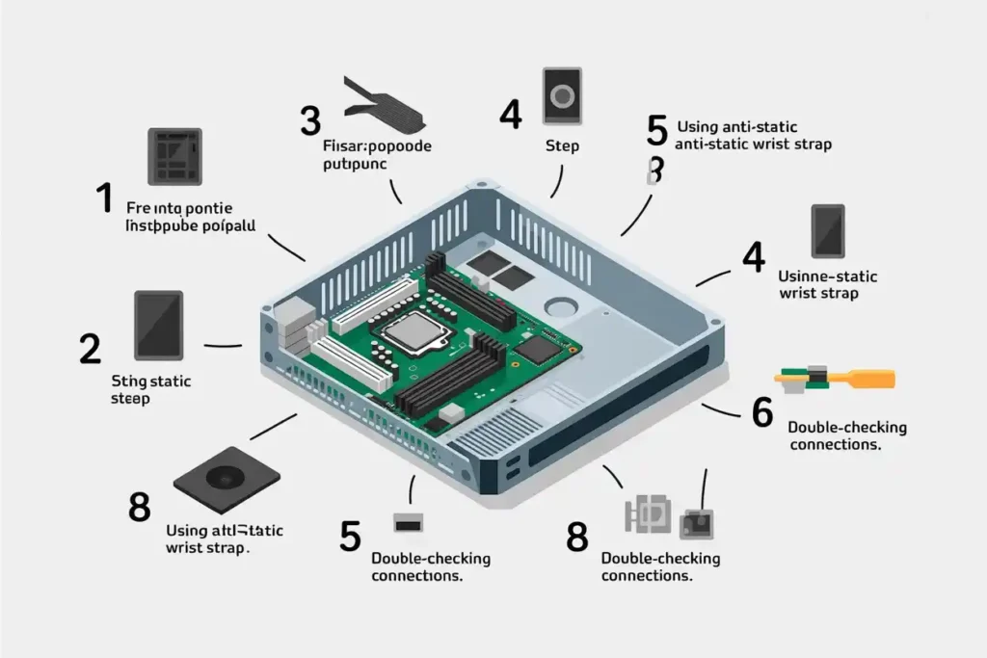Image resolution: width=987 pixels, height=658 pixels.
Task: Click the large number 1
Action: [x=105, y=198]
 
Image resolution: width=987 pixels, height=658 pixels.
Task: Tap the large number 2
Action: [x=89, y=348]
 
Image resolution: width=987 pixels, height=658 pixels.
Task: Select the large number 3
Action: [x=309, y=121]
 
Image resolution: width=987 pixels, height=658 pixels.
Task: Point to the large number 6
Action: [x=761, y=411]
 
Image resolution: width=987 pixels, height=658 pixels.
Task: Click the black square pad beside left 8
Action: [x=226, y=477]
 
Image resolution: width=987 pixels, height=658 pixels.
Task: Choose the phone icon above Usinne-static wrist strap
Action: [x=827, y=231]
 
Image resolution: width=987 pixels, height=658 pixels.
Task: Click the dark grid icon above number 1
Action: [x=173, y=156]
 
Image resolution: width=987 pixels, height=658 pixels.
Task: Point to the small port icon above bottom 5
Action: [x=405, y=522]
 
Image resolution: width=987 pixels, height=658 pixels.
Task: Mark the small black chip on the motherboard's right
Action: [x=538, y=350]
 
